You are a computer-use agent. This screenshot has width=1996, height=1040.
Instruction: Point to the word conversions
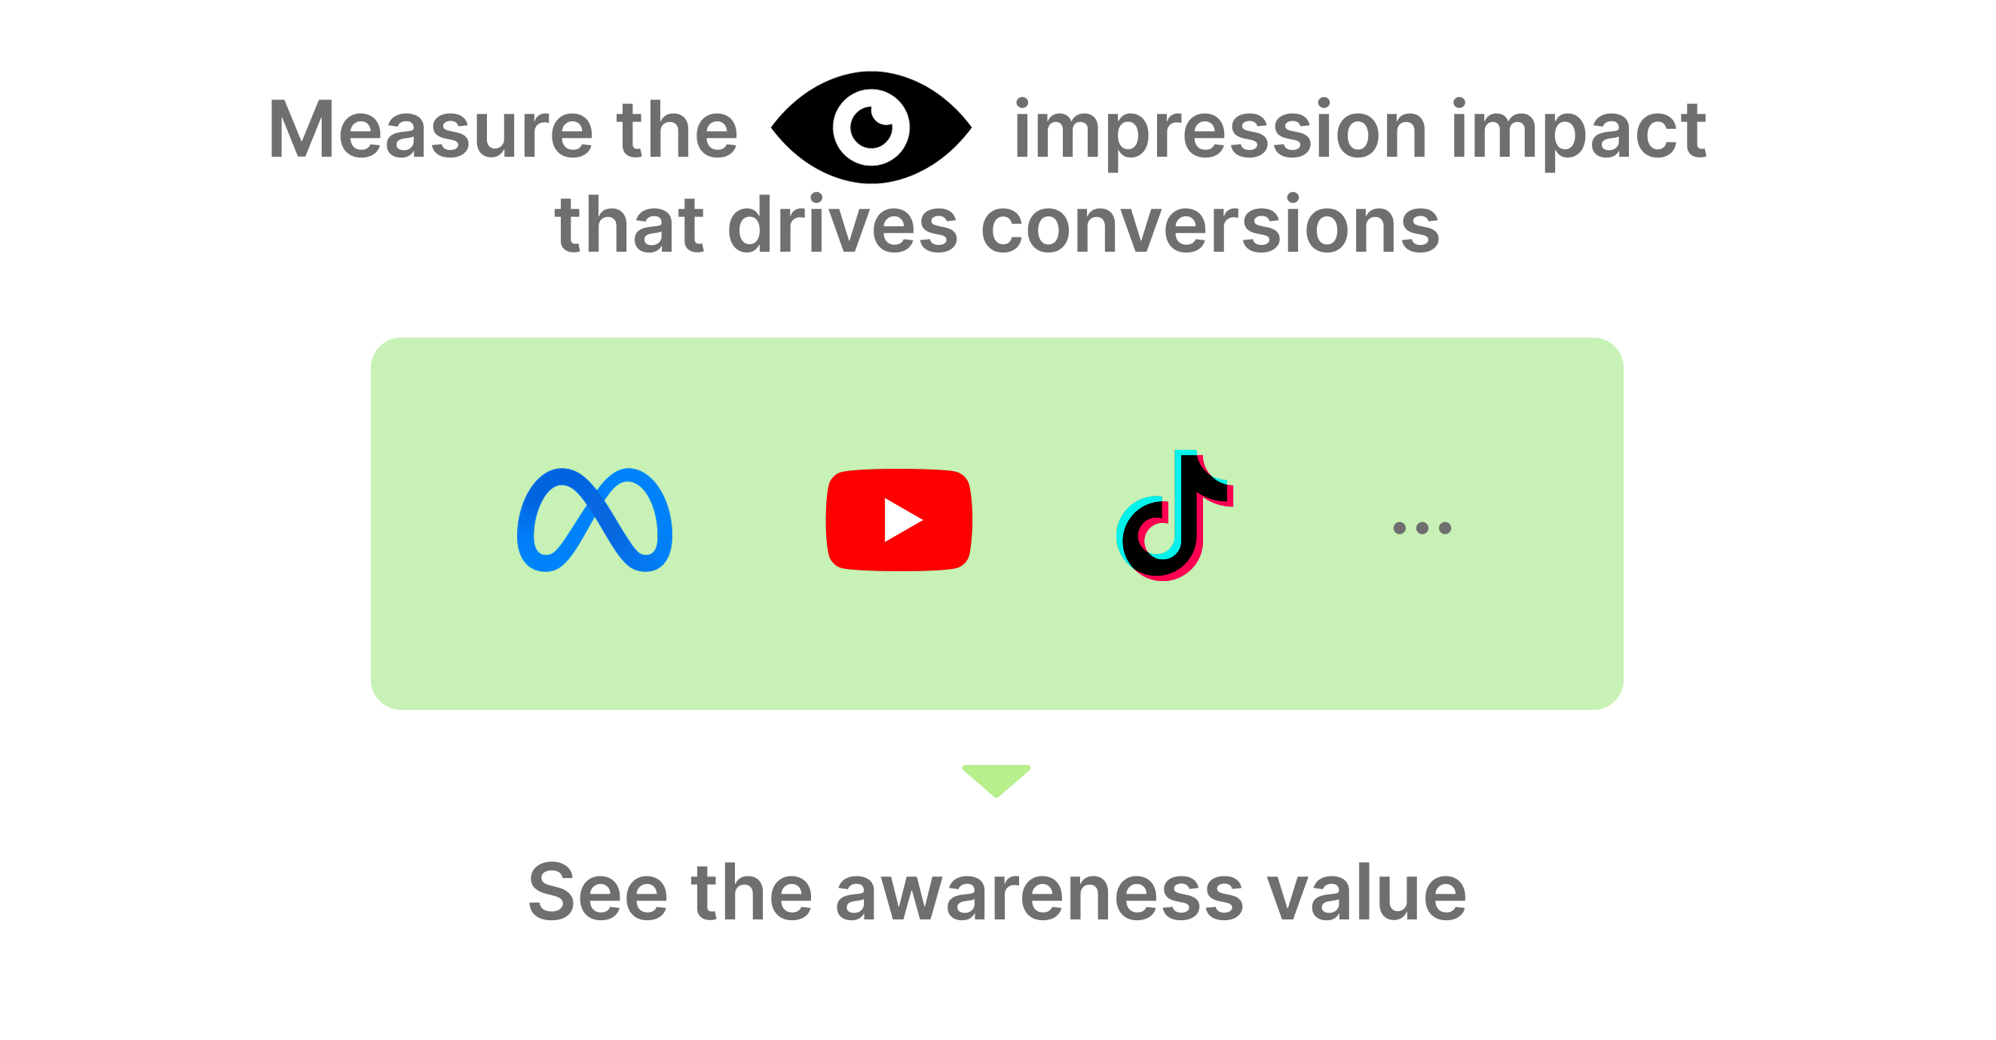click(x=1211, y=225)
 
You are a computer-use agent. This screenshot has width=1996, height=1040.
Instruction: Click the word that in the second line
click(x=629, y=225)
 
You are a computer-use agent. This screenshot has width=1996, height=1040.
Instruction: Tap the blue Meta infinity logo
click(x=594, y=520)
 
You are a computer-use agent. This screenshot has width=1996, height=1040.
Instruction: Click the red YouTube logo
click(x=899, y=520)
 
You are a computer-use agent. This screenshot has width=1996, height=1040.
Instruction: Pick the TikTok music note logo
click(x=1174, y=515)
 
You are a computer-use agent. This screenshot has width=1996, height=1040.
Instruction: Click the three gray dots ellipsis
click(x=1422, y=528)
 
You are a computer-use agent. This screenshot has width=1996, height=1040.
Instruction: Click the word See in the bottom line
click(x=598, y=893)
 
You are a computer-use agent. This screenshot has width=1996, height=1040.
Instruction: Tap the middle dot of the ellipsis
click(x=1422, y=528)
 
